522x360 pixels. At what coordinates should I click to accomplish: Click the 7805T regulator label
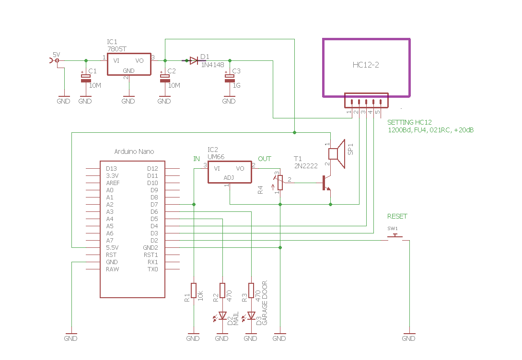117,49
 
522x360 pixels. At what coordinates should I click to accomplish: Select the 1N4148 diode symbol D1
194,60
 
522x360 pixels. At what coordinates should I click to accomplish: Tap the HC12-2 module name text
366,65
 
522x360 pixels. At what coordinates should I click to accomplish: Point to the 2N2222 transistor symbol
326,183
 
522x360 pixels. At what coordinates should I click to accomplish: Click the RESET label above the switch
397,217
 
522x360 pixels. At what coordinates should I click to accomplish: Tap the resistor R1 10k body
194,290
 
